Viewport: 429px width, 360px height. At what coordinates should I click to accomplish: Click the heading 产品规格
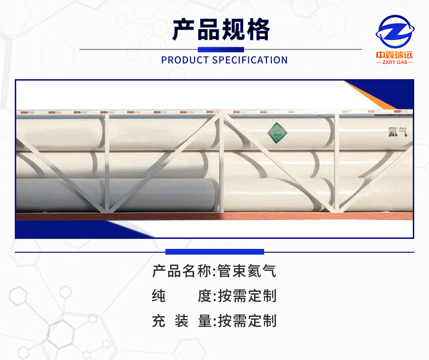(221, 30)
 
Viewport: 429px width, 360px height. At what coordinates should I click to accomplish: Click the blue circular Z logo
(395, 32)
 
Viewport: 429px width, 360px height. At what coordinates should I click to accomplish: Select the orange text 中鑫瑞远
(395, 54)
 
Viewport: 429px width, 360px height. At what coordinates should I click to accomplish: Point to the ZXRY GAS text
(395, 62)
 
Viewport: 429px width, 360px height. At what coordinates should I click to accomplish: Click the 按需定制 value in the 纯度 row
(247, 296)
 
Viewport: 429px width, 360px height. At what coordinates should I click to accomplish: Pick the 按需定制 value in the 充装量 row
(247, 321)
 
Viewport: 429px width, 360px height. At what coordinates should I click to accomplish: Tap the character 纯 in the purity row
(159, 296)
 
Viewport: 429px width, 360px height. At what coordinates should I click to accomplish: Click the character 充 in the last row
(159, 321)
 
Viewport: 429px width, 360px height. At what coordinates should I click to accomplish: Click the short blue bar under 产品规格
(221, 49)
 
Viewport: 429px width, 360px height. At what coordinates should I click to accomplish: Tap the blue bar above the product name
(214, 252)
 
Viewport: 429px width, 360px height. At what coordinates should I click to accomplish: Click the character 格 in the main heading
(258, 30)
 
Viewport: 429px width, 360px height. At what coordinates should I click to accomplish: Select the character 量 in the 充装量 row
(204, 321)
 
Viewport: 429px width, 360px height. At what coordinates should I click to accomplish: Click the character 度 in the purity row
(204, 296)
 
